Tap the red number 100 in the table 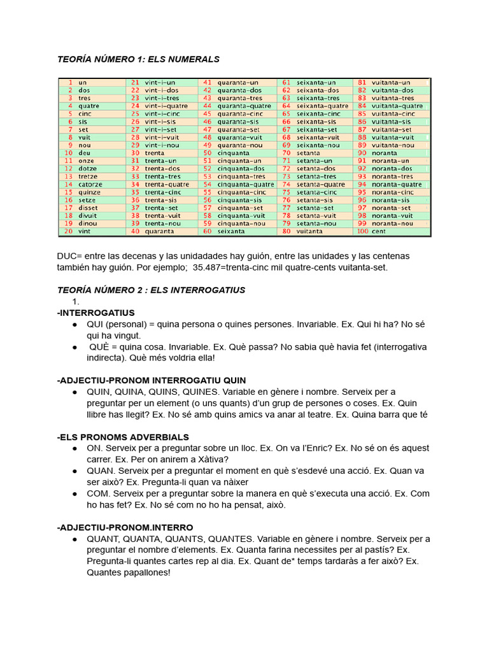pos(362,231)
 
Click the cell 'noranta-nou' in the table pos(392,223)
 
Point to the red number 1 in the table pos(69,82)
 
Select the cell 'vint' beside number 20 pos(85,231)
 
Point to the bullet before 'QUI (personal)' pos(76,325)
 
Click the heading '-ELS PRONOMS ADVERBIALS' pos(123,437)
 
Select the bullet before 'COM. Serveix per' pos(76,493)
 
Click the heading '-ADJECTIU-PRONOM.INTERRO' pos(125,527)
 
